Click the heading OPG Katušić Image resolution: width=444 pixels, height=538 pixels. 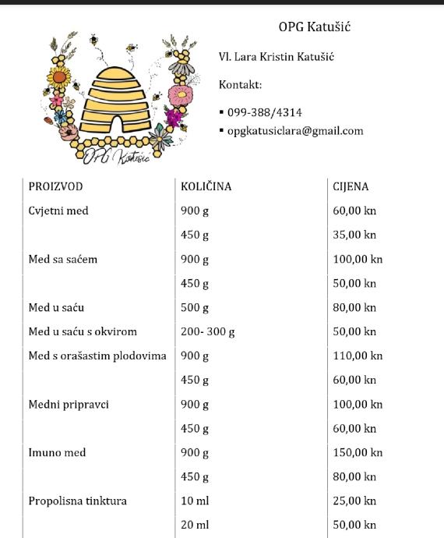point(315,27)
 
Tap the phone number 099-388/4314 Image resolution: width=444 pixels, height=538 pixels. point(265,112)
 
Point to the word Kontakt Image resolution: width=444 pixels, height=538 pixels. point(240,85)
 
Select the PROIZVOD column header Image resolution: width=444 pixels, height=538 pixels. point(55,187)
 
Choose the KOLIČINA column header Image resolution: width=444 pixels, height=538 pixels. point(206,187)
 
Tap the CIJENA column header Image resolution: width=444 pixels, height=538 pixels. point(351,187)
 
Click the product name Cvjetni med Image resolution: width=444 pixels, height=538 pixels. point(58,211)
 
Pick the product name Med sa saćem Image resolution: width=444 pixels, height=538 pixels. point(63,260)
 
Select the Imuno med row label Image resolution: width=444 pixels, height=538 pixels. point(57,453)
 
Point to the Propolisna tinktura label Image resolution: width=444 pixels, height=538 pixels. point(77,501)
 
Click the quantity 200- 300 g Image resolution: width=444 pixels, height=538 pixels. point(208,332)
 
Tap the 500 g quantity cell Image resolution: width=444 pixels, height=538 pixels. point(195,308)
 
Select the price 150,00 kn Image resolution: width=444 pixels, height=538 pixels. point(358,453)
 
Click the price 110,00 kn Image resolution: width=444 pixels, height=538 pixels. point(358,356)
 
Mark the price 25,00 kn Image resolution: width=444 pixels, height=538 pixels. point(354,501)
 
